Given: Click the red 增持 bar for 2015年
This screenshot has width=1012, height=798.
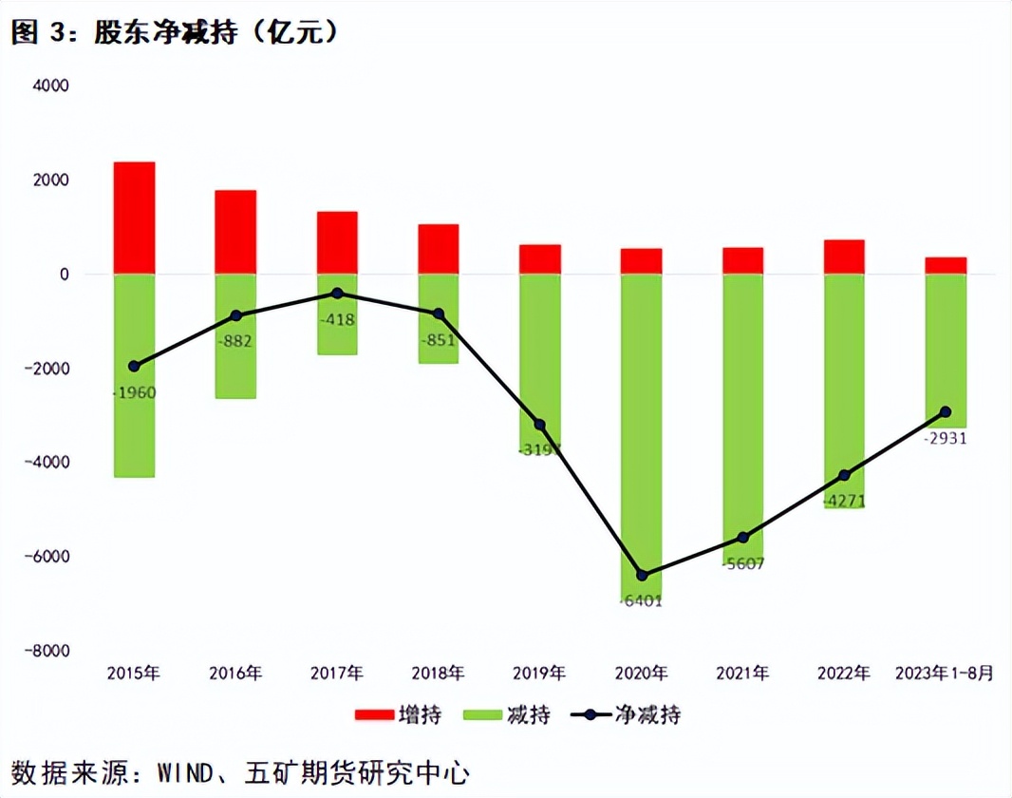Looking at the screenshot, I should [134, 218].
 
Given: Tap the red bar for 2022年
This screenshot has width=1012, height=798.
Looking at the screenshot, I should [844, 256].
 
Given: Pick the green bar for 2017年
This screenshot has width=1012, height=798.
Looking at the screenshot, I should [337, 314].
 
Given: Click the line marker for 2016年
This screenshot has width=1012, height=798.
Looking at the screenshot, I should [235, 315].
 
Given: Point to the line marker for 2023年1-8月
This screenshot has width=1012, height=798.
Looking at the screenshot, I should [946, 412].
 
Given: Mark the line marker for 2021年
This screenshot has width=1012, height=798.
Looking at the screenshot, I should [742, 538].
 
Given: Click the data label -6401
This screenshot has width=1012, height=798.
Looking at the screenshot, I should [642, 601].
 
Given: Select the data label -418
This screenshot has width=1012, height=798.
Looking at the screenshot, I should [337, 320].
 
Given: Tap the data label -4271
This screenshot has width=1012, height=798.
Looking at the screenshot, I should [844, 501].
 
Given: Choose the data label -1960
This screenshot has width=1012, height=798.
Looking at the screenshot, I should [134, 392].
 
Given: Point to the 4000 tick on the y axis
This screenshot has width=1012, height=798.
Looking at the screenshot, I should [52, 85].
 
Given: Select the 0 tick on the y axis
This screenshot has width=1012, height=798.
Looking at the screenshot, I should [65, 275].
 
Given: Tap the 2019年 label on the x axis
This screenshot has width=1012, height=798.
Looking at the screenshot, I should [539, 674].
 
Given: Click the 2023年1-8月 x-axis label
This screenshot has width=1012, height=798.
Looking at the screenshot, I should [946, 674].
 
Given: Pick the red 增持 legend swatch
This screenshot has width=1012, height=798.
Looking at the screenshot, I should [375, 714].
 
